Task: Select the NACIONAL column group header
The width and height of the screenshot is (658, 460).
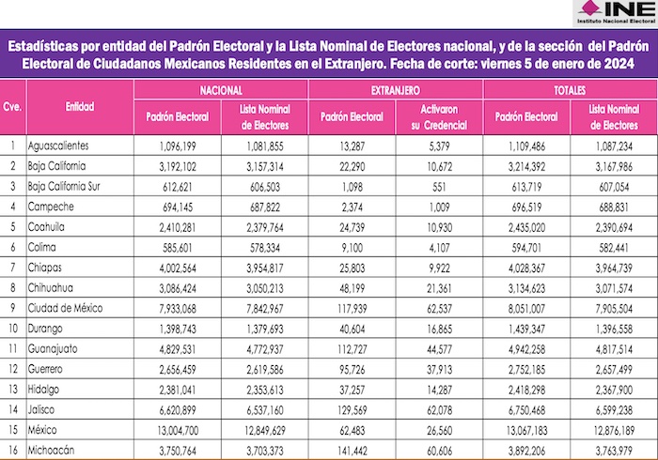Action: [221, 88]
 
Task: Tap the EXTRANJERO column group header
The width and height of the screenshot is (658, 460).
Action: [395, 88]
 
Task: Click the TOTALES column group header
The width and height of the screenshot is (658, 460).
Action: [570, 88]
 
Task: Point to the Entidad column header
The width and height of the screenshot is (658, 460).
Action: [80, 107]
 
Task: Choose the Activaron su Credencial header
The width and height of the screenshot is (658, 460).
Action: [439, 116]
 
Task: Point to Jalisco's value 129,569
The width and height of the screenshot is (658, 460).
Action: [352, 410]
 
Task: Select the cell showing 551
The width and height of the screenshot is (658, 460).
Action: [439, 186]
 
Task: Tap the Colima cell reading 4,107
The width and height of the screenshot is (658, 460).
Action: [439, 247]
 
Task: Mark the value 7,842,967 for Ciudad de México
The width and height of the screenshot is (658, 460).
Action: [264, 307]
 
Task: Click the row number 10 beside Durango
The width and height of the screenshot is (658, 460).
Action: [13, 327]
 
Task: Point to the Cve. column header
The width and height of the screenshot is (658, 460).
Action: [13, 107]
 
